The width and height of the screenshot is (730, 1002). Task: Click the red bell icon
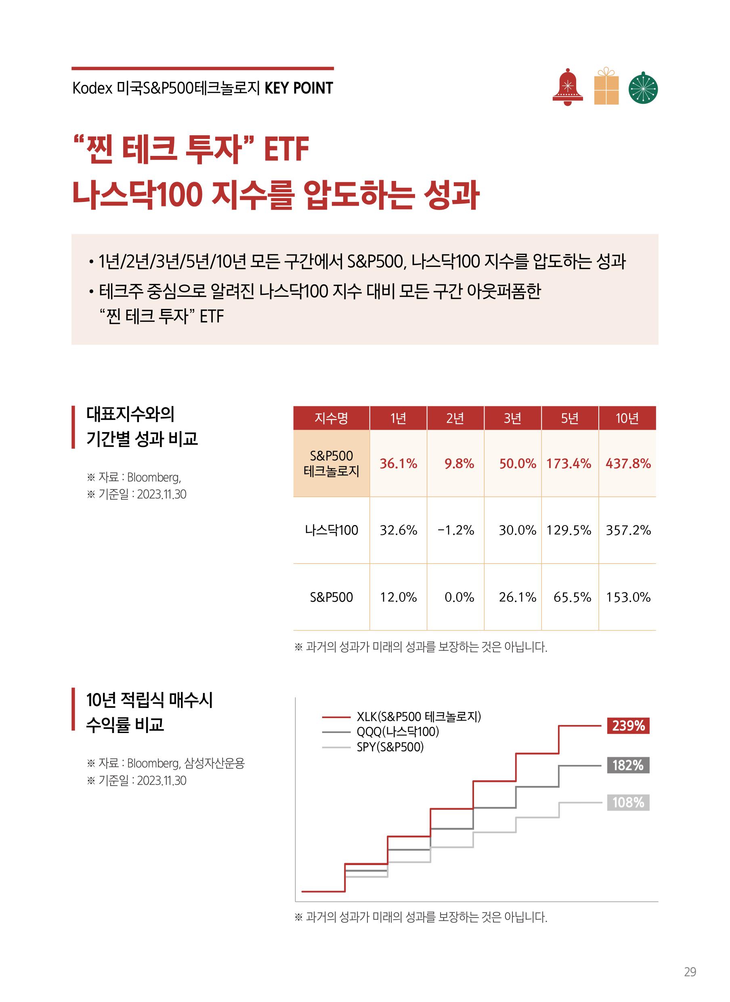point(567,88)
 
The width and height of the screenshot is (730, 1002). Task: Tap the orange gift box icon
point(606,87)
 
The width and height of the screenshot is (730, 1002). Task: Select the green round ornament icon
point(643,88)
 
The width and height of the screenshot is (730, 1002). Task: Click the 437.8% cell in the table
point(628,464)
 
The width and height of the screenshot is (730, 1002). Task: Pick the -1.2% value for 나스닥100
point(455,530)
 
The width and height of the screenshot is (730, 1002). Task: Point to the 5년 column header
point(570,418)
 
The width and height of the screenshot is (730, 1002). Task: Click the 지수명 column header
point(331,418)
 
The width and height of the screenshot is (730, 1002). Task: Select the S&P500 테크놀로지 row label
point(331,463)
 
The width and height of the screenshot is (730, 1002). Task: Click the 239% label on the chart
point(628,726)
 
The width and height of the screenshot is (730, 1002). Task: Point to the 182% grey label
point(628,765)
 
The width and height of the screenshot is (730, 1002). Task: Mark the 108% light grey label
point(628,802)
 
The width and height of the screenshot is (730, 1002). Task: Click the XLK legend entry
point(418,716)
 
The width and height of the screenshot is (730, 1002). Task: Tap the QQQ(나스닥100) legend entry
point(397,731)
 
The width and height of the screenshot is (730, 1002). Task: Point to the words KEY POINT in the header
point(299,88)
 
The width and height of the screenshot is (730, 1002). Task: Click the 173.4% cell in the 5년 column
point(569,464)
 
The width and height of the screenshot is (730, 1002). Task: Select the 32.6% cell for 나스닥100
point(398,530)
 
